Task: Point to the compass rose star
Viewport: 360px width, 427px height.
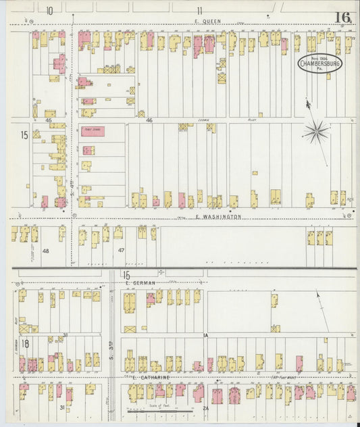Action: click(x=315, y=132)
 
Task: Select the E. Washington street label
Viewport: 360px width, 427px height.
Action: click(x=217, y=217)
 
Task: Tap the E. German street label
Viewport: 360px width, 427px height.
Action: click(x=144, y=282)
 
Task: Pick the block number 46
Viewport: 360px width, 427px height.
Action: click(x=149, y=120)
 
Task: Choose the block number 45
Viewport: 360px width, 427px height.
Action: click(x=49, y=120)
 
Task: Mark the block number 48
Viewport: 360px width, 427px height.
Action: click(x=46, y=251)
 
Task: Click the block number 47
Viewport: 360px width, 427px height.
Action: click(x=122, y=251)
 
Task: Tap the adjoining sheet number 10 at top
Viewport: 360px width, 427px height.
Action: click(x=50, y=10)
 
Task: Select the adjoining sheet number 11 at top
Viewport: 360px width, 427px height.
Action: click(x=199, y=10)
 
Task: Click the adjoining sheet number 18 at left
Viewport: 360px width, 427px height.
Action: click(x=24, y=344)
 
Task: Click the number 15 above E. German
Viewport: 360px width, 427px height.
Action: click(x=126, y=274)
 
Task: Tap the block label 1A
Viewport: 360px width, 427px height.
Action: click(x=205, y=335)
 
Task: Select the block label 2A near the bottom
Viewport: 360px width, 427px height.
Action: click(x=205, y=408)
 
